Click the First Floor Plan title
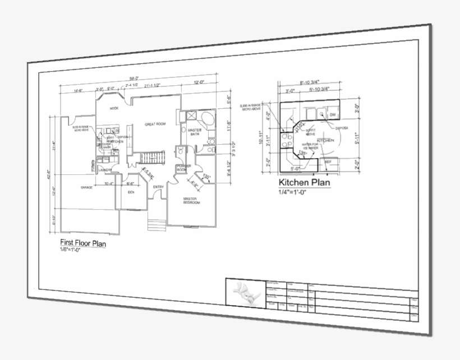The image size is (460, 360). [82, 243]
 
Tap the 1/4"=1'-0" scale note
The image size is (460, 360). [298, 192]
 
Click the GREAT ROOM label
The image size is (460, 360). [155, 124]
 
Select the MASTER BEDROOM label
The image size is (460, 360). [192, 201]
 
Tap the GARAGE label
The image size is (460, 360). [86, 187]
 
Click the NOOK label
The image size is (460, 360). [114, 108]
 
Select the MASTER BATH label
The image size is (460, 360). [195, 132]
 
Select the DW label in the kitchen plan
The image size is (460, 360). [333, 115]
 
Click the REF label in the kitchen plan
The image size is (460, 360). [329, 161]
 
